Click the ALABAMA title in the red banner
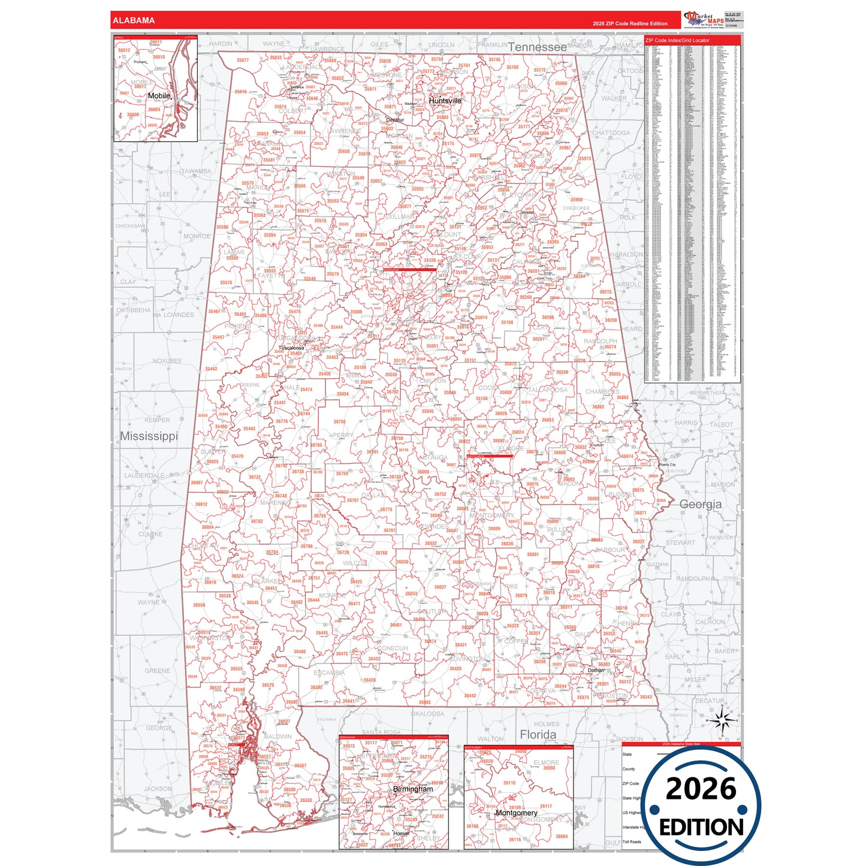point(134,20)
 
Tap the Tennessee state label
point(537,47)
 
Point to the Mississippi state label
point(149,436)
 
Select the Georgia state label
point(700,505)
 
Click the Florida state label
point(538,735)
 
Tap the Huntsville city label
point(445,101)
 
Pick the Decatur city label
point(395,120)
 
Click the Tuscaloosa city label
point(291,348)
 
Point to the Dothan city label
point(596,671)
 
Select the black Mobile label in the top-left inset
point(159,96)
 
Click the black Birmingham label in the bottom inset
point(412,789)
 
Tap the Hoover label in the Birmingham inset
point(401,834)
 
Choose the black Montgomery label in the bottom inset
point(516,813)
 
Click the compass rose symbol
point(723,720)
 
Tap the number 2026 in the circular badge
point(701,789)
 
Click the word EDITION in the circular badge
point(701,828)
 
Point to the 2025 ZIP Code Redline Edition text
point(630,23)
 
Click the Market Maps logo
point(704,19)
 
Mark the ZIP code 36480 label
point(300,651)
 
